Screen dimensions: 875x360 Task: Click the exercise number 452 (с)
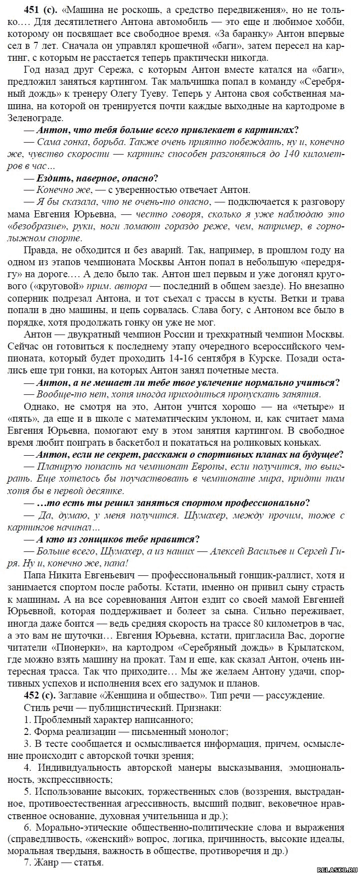tap(40, 696)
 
